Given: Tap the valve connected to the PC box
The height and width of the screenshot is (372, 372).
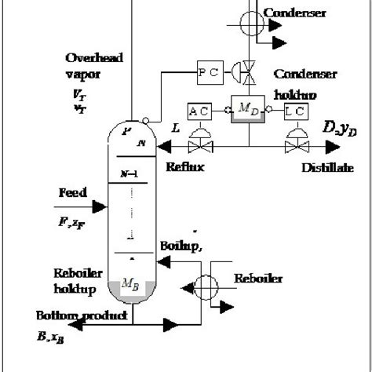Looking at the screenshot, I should click(250, 74).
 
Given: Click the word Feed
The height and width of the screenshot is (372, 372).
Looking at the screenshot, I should click(72, 192).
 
